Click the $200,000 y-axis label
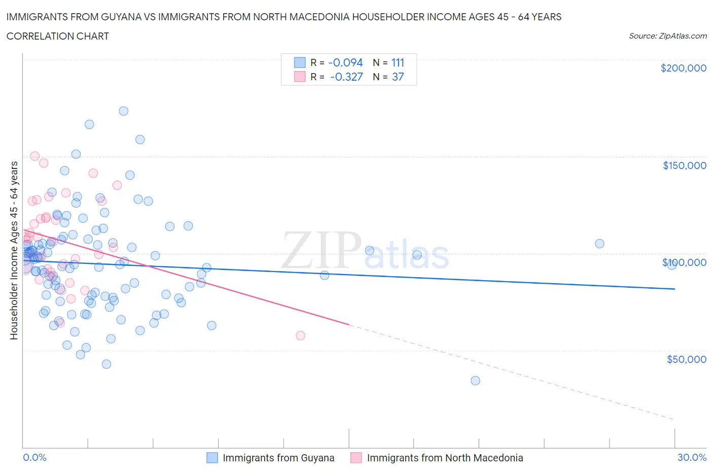point(683,68)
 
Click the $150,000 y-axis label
point(684,165)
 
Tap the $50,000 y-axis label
point(686,359)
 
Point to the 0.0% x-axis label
point(34,457)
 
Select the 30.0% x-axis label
point(692,457)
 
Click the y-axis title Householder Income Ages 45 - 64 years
point(14,250)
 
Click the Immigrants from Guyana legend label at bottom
point(278,458)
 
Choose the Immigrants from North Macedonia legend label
point(445,458)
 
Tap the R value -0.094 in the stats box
point(345,62)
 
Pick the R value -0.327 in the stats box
point(346,77)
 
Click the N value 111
point(398,62)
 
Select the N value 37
point(398,77)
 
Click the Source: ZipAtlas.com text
point(667,36)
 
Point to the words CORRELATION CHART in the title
point(58,36)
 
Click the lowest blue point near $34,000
point(475,381)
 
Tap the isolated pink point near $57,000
point(300,335)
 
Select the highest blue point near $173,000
point(123,111)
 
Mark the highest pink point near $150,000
point(35,156)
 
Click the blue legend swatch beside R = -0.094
point(300,62)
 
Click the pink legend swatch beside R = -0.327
point(300,77)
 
